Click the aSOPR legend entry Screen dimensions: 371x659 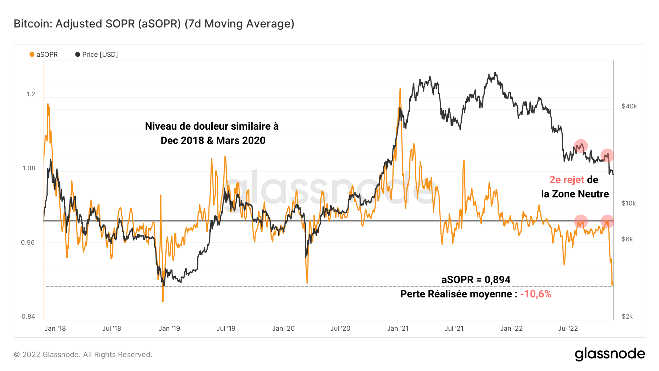(x=44, y=55)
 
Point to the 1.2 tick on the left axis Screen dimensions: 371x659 (x=31, y=94)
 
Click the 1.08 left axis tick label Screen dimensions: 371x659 (x=29, y=168)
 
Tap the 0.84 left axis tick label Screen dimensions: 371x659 (x=28, y=316)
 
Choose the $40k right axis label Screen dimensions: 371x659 (x=629, y=106)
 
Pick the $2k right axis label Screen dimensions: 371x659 (x=627, y=316)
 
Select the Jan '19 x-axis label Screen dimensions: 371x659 (x=169, y=329)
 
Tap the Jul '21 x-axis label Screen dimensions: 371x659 (x=454, y=329)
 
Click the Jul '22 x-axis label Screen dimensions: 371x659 (x=567, y=329)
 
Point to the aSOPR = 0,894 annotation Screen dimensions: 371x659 (x=476, y=279)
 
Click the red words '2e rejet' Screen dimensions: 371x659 (x=566, y=180)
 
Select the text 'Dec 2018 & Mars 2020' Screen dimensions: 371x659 (x=213, y=141)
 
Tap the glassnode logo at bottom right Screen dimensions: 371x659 (x=610, y=354)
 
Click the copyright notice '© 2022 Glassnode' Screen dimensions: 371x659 (x=83, y=355)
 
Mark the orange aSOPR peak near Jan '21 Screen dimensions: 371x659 (x=400, y=89)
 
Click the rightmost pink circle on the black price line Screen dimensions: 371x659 (x=607, y=155)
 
